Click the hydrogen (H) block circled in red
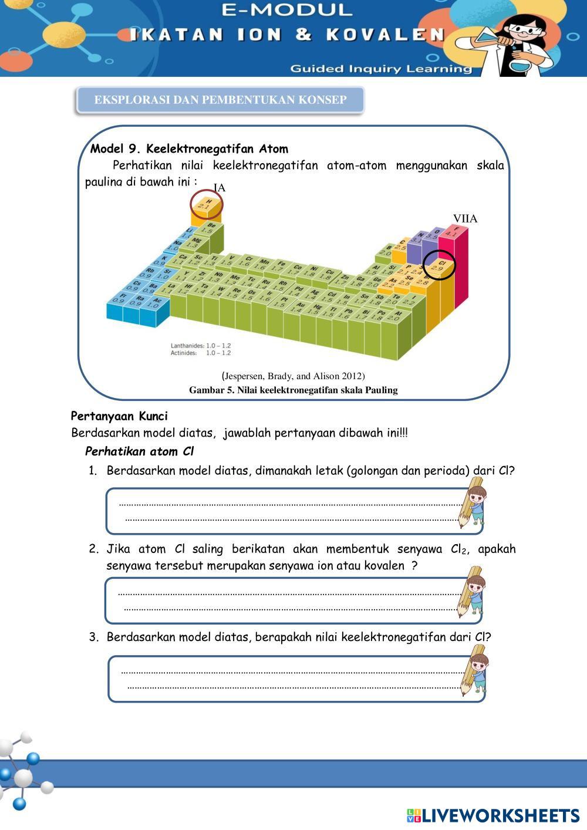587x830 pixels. click(206, 204)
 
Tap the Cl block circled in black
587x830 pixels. click(438, 265)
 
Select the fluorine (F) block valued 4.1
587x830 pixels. click(453, 231)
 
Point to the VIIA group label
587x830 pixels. click(465, 218)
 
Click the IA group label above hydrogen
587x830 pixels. click(219, 188)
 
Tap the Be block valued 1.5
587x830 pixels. click(210, 228)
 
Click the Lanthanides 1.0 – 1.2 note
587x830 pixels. click(201, 346)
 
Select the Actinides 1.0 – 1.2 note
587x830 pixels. click(201, 353)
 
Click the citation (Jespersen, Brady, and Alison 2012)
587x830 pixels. click(293, 376)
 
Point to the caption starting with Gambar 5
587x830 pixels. click(293, 390)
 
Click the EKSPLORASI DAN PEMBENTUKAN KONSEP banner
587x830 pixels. click(220, 100)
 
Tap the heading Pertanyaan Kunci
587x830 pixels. click(119, 416)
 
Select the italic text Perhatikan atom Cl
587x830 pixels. click(139, 451)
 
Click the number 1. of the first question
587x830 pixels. click(93, 471)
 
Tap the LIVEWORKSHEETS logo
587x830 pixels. click(493, 815)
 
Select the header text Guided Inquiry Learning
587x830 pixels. click(381, 69)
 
